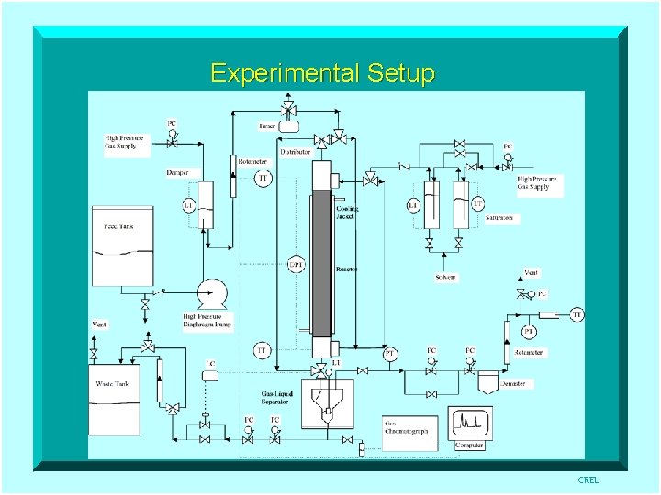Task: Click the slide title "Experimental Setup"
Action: click(x=321, y=72)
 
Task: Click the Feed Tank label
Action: click(x=118, y=225)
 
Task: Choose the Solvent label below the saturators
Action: click(x=445, y=277)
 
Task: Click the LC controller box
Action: click(x=210, y=365)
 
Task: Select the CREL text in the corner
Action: click(x=588, y=480)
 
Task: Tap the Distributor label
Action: click(x=296, y=151)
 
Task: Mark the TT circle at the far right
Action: click(x=577, y=314)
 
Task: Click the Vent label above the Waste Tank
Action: click(x=99, y=324)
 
